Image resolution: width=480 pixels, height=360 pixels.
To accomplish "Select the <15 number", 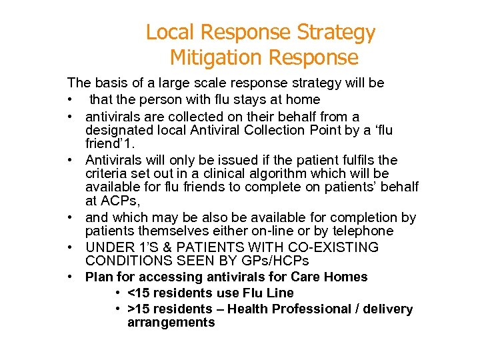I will (139, 293).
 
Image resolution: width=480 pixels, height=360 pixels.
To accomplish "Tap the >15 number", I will (139, 309).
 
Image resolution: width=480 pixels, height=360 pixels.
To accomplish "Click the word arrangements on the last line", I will (171, 323).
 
